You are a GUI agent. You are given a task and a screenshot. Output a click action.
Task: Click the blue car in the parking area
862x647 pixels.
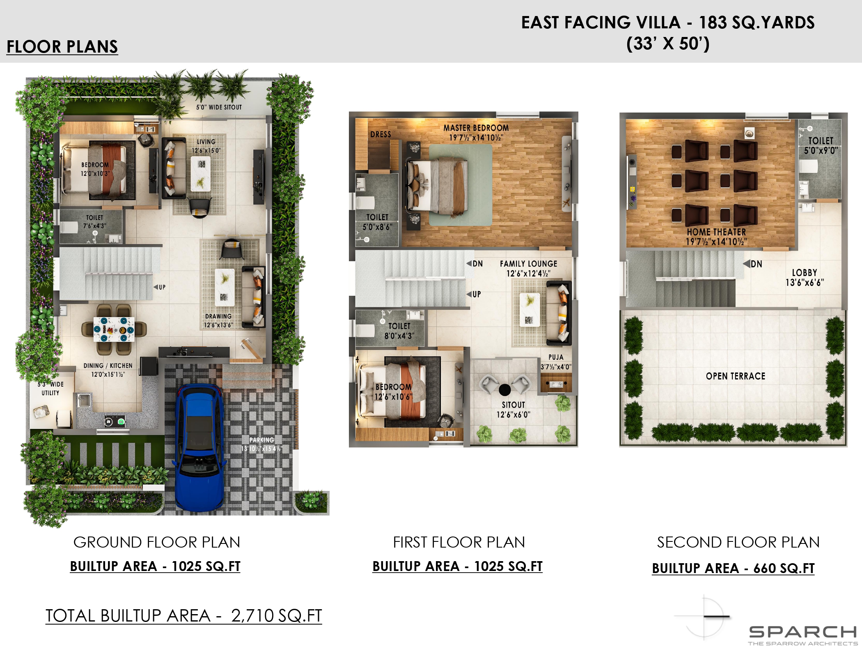pos(200,448)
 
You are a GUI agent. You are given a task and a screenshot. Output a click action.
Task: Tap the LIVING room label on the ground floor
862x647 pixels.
pos(206,142)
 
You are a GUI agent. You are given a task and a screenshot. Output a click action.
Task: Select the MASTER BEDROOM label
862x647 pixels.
pos(476,128)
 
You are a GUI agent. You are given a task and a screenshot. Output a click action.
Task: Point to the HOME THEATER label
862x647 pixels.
pos(716,232)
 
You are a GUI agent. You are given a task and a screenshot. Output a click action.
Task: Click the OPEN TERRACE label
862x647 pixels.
pos(736,376)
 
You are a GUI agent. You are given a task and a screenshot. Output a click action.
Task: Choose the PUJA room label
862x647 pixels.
pos(556,357)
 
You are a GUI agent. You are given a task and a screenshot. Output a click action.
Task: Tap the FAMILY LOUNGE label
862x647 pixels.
pos(529,264)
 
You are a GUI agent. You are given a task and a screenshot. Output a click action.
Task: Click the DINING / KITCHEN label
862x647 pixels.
pos(108,366)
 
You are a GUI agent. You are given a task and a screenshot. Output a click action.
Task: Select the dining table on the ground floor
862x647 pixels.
pos(114,329)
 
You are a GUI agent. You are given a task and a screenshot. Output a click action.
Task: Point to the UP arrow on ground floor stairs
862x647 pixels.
pos(156,287)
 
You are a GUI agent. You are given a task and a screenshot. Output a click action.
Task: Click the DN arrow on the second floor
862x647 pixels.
pos(747,264)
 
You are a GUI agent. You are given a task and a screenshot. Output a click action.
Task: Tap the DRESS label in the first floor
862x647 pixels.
pos(381,134)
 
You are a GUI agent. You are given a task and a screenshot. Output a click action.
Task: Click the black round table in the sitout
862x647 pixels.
pos(505,389)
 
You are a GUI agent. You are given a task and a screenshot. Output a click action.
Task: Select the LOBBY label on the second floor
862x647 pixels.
pos(805,273)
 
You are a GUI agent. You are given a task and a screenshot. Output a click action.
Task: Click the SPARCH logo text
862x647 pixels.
pos(802,631)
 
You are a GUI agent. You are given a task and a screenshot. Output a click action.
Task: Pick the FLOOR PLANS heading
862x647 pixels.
pos(62,46)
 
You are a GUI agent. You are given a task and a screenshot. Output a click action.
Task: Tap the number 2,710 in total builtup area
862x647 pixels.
pos(252,615)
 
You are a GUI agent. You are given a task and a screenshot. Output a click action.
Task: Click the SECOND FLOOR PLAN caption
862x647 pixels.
pos(738,542)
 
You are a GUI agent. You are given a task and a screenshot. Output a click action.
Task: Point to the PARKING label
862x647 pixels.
pos(262,440)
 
